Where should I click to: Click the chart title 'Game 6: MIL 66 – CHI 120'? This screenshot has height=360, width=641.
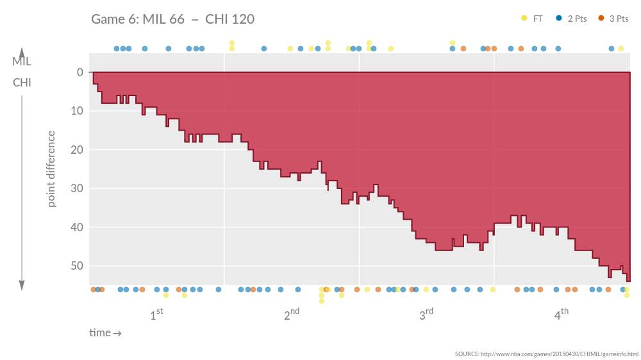[172, 19]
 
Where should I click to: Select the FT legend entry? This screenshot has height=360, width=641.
[533, 19]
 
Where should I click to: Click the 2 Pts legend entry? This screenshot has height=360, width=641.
[572, 19]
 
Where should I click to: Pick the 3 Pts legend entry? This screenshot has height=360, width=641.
[613, 19]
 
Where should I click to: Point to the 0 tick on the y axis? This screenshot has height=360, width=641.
[79, 72]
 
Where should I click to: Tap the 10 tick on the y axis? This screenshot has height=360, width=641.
[77, 111]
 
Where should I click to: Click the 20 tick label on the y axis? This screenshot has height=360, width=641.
[77, 150]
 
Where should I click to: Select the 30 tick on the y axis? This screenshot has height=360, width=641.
[77, 188]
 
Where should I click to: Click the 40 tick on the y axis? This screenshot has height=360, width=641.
[77, 227]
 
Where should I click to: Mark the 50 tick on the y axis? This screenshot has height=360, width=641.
[77, 266]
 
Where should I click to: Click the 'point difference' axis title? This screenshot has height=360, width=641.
[51, 169]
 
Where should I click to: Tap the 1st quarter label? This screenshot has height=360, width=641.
[156, 315]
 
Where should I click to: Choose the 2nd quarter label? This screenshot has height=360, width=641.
[292, 315]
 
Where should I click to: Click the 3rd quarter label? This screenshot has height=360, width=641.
[426, 315]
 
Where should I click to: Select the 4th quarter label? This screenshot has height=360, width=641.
[562, 315]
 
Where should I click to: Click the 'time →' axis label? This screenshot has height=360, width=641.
[105, 333]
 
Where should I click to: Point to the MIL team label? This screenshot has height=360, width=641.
[22, 62]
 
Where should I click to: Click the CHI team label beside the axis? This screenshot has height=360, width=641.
[22, 83]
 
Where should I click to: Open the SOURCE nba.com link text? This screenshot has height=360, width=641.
[547, 354]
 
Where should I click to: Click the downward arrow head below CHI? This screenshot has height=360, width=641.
[22, 285]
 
